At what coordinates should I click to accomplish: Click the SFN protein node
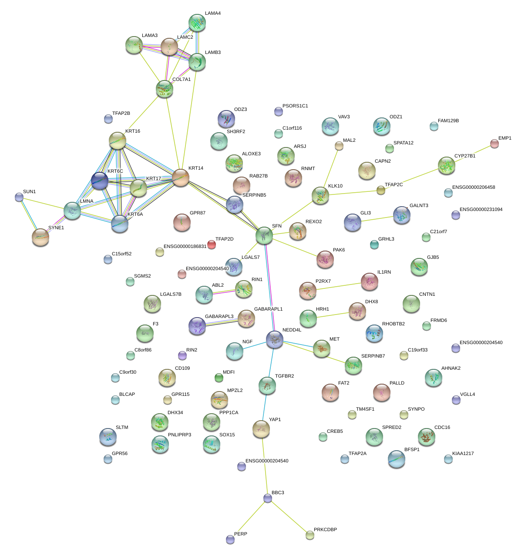tap(264, 235)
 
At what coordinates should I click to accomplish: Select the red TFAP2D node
tap(212, 244)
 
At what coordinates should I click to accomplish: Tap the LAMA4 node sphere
tap(197, 23)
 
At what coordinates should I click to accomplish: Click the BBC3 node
tap(268, 499)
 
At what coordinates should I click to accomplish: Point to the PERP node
tap(230, 539)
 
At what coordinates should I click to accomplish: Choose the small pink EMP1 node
tap(494, 144)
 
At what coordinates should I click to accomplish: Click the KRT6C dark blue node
tap(99, 181)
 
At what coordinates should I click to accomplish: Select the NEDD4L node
tap(275, 339)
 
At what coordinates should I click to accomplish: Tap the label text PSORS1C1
tap(295, 106)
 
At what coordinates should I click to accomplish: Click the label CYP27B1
tap(464, 156)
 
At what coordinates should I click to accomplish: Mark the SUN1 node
tap(19, 197)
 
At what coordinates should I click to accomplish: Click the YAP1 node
tap(261, 429)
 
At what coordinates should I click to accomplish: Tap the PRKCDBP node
tap(310, 535)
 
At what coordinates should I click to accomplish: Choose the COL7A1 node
tap(165, 88)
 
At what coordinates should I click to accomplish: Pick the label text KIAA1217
tap(463, 454)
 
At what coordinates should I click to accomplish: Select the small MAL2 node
tap(339, 146)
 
